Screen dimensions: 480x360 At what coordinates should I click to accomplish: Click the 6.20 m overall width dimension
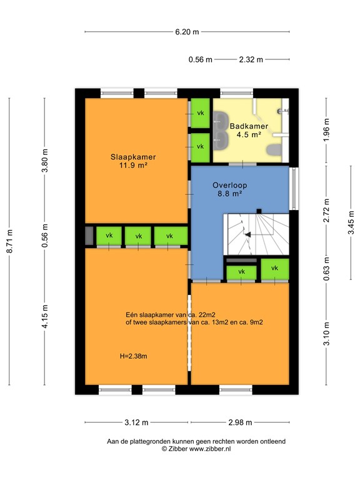point(187,31)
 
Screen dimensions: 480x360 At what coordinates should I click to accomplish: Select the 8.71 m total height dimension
point(9,241)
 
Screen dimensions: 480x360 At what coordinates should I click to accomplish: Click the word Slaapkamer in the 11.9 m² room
point(133,157)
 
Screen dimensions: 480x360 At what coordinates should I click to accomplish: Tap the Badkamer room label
point(249,126)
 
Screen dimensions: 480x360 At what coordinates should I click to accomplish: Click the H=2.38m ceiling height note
point(133,357)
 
